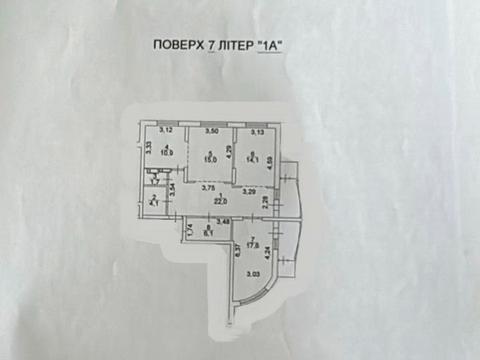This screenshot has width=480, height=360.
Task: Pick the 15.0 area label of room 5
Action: (x=211, y=157)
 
